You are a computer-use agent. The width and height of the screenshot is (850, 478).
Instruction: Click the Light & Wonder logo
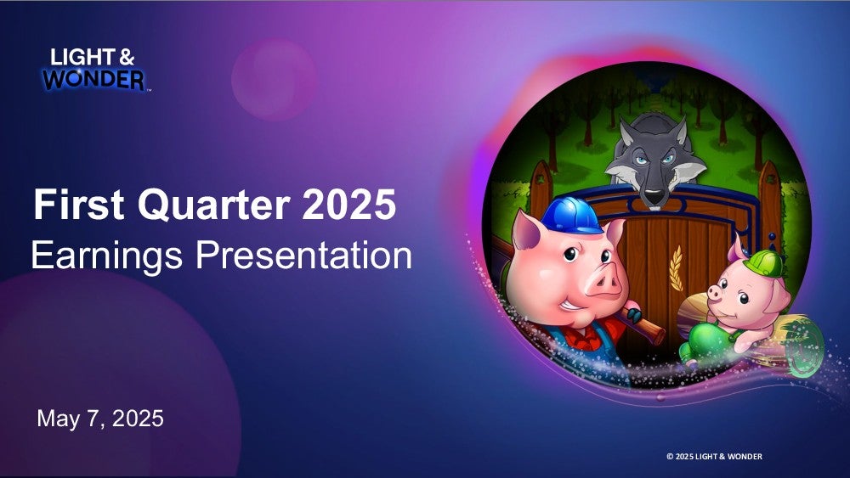point(95,70)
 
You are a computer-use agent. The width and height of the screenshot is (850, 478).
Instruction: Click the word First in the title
point(79,205)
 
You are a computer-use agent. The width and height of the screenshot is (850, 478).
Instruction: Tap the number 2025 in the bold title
point(348,205)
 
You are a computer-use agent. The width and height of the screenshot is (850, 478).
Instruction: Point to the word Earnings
point(107,256)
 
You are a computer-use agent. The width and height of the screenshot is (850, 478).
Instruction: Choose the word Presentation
point(303,255)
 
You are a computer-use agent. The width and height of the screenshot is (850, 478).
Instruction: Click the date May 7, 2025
point(100,419)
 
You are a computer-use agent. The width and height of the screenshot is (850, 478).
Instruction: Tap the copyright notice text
point(714,456)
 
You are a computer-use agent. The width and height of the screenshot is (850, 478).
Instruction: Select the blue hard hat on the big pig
point(571,216)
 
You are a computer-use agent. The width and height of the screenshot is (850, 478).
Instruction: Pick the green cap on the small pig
point(763,264)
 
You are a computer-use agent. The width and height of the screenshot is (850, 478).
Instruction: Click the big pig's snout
point(604,282)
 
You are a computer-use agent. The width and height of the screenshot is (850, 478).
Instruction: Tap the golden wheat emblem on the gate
point(676,268)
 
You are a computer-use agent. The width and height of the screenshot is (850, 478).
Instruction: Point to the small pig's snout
point(715,294)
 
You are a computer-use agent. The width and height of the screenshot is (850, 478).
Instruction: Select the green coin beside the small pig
point(805,347)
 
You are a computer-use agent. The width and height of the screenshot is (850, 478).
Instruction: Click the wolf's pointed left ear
point(627,132)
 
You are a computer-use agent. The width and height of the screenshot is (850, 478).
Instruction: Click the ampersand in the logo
point(127,57)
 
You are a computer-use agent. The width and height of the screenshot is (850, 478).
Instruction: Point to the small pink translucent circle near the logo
point(274,80)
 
